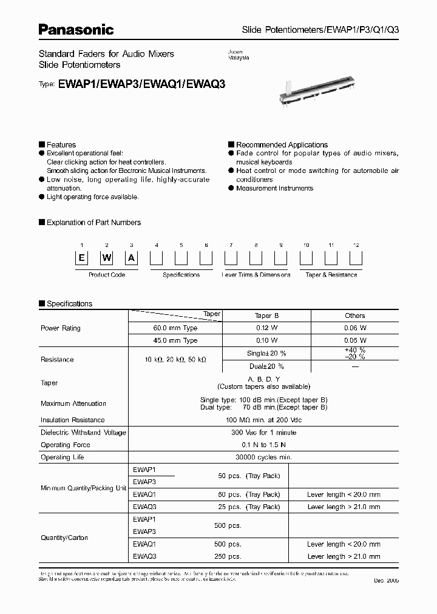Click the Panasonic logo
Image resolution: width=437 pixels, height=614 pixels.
[76, 29]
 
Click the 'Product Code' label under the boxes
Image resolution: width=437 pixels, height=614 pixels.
[107, 275]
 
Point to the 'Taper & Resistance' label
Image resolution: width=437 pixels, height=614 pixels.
[331, 275]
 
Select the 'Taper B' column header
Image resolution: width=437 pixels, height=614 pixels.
[266, 315]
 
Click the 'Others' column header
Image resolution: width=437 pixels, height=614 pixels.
[355, 315]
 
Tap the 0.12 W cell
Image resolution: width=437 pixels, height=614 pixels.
[266, 328]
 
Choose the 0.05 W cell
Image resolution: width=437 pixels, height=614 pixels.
[355, 341]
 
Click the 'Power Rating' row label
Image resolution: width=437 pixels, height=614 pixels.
[61, 328]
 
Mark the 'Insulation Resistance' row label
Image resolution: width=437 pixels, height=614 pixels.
[73, 420]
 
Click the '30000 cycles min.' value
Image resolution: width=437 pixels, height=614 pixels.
[266, 457]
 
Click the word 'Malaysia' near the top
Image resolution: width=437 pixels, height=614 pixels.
[239, 58]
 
